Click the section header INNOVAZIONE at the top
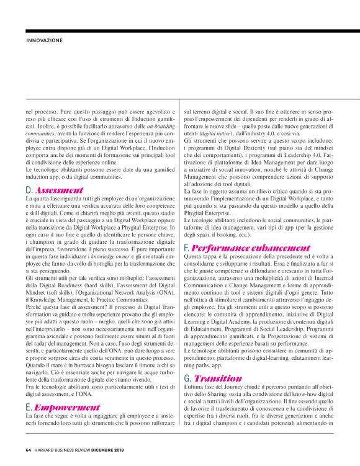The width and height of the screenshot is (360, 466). click(x=45, y=40)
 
